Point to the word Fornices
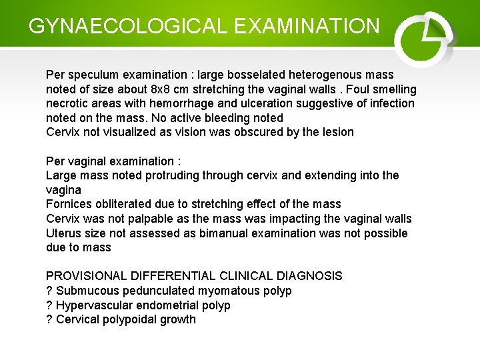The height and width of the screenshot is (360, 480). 69,204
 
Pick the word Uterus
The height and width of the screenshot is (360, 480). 63,233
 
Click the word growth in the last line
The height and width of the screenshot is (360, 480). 178,319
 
